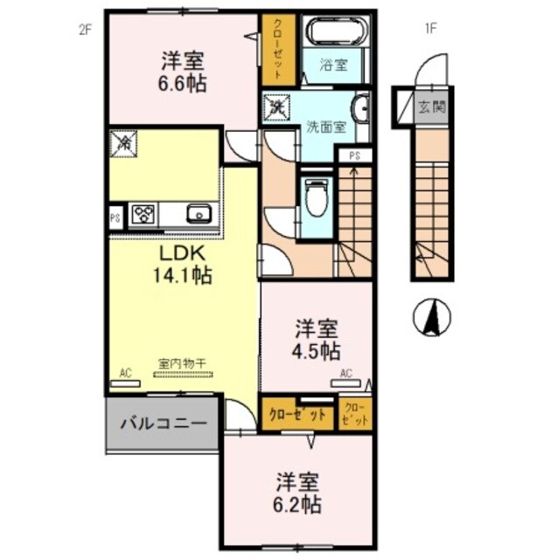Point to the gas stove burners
143,213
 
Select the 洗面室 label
325,126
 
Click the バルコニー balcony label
163,424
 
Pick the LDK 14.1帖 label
183,263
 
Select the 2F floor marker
85,28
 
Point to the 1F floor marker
430,28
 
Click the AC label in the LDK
125,374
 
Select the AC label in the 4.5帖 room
346,374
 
